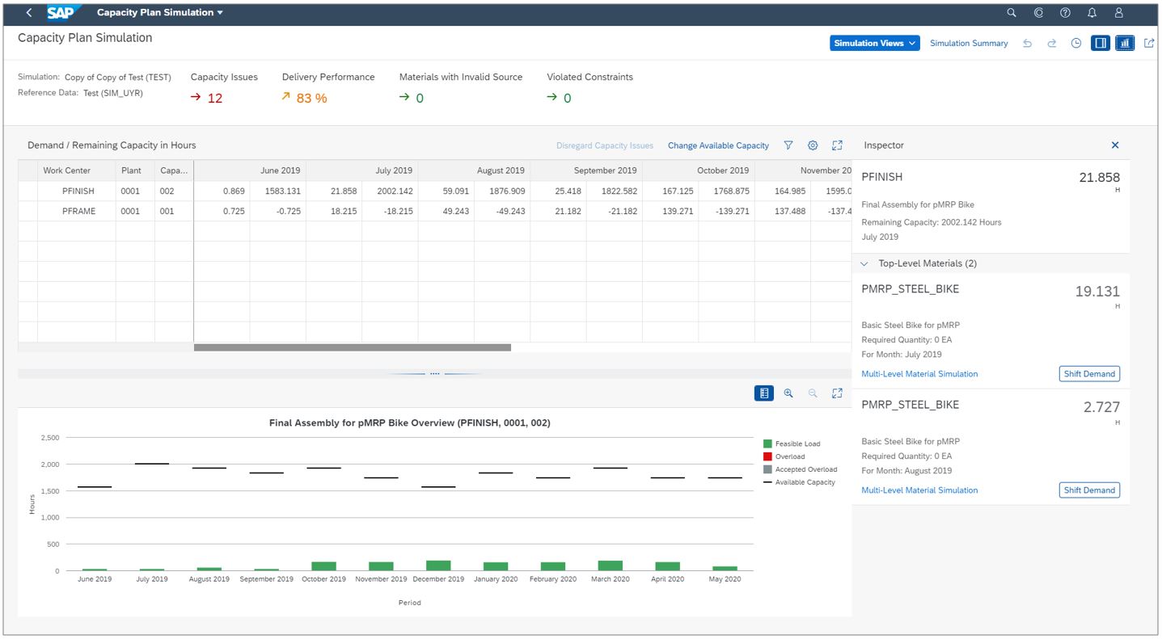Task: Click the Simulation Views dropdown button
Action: click(874, 44)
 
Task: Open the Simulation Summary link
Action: click(969, 44)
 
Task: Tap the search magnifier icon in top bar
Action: click(1011, 13)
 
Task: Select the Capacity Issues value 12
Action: click(214, 99)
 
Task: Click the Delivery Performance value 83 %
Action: click(311, 99)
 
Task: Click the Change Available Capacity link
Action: click(718, 145)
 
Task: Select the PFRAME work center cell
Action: click(78, 212)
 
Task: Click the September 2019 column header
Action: click(605, 170)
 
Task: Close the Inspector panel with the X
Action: click(1115, 145)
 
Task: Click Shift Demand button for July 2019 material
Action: click(1089, 374)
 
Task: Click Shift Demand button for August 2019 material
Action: click(1089, 490)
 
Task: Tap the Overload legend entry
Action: click(789, 457)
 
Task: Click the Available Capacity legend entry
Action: click(805, 482)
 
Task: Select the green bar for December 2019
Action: click(438, 565)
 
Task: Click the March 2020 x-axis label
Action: click(610, 579)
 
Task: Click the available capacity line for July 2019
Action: click(152, 464)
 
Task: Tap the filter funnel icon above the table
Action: click(788, 145)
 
